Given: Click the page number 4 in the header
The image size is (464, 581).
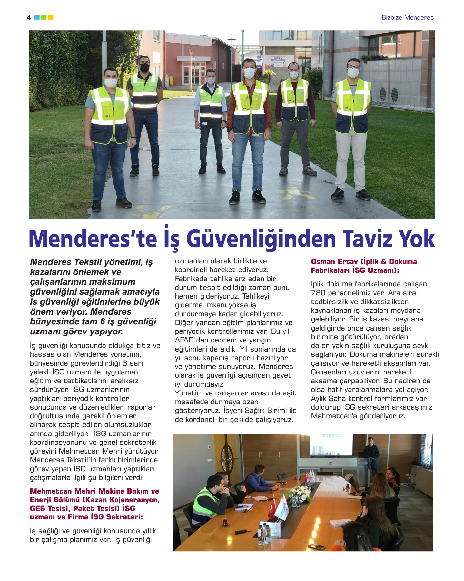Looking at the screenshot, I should pyautogui.click(x=29, y=18).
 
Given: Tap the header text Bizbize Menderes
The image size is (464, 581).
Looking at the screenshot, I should pyautogui.click(x=407, y=18).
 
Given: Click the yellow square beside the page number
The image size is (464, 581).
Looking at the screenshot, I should pyautogui.click(x=51, y=17).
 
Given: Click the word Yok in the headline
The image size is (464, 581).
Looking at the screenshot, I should pyautogui.click(x=417, y=239).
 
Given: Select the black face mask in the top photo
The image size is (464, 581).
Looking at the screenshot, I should pyautogui.click(x=144, y=67).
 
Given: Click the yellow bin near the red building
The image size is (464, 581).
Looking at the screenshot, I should pyautogui.click(x=171, y=81).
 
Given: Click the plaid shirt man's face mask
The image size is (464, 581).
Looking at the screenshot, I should pyautogui.click(x=249, y=73).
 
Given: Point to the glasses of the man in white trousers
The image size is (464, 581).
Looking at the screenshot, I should pyautogui.click(x=353, y=67).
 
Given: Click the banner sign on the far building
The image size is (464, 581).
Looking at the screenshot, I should pyautogui.click(x=278, y=61).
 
